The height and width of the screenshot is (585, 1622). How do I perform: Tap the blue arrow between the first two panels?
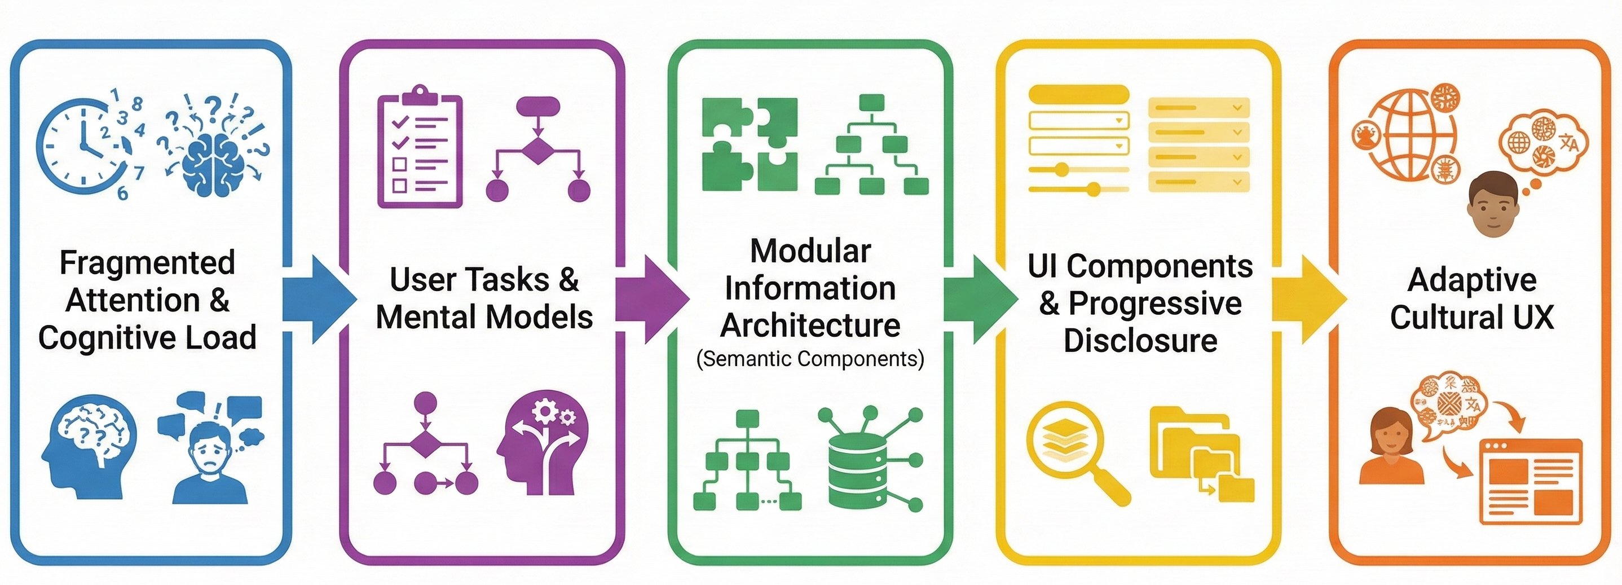[x=318, y=299]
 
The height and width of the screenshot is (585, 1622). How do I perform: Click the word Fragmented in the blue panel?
[x=147, y=262]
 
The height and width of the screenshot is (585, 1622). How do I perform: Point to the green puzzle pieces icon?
[x=750, y=144]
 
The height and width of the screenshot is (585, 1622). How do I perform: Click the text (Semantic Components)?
[x=810, y=359]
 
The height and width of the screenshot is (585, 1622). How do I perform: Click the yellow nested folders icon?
[x=1200, y=454]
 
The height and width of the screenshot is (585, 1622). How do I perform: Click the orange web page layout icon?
[x=1530, y=482]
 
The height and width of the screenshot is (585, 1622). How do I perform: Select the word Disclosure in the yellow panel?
[x=1140, y=341]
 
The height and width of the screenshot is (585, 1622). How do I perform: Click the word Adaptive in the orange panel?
[x=1472, y=280]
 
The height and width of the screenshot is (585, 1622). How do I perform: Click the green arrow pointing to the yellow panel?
[x=979, y=299]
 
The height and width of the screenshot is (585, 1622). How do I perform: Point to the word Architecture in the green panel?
[x=810, y=326]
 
